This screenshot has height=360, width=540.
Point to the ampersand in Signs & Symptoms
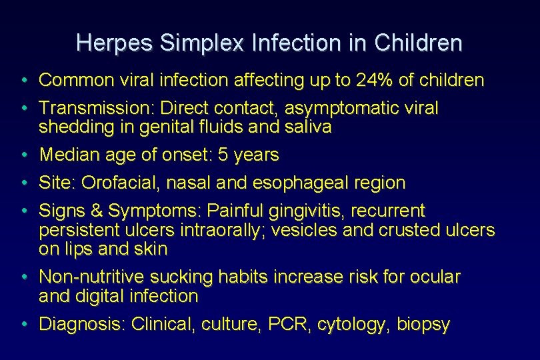pyautogui.click(x=97, y=211)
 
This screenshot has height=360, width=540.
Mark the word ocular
pyautogui.click(x=437, y=277)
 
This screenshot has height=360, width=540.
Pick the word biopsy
pyautogui.click(x=423, y=325)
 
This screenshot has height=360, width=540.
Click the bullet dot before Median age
pyautogui.click(x=23, y=155)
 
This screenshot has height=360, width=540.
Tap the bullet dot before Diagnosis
pyautogui.click(x=23, y=325)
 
